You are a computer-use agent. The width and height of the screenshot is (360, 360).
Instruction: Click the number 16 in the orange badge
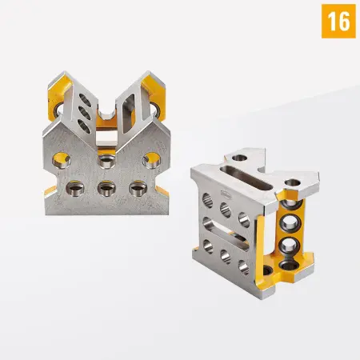click(338, 22)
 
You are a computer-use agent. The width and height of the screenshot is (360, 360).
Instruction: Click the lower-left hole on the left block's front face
click(74, 189)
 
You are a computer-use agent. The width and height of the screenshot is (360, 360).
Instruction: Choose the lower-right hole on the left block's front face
click(137, 189)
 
